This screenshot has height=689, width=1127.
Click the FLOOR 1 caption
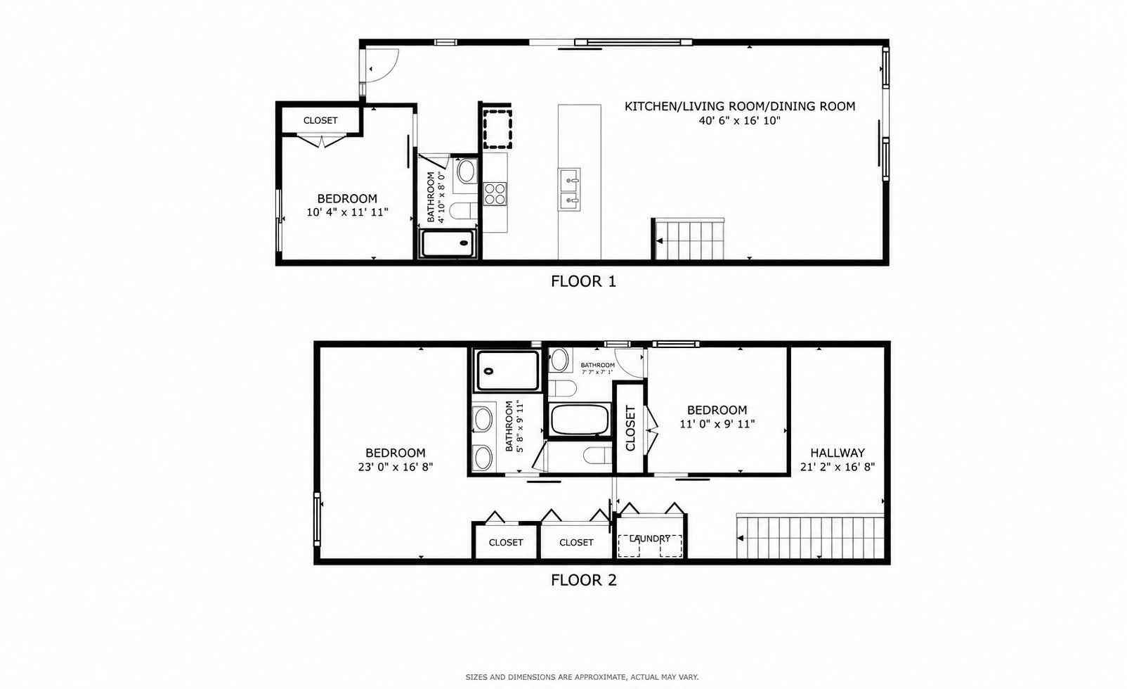pos(583,281)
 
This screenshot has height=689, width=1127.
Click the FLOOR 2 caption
pos(584,580)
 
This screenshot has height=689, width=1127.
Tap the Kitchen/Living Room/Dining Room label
pos(740,106)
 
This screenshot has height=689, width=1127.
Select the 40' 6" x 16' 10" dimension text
pos(740,121)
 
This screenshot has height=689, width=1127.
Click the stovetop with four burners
pos(495,194)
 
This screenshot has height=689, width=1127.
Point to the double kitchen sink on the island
pos(569,189)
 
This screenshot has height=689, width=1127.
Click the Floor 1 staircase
pos(689,240)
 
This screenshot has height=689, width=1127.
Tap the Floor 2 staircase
pos(810,536)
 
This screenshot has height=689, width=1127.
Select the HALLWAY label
pos(838,453)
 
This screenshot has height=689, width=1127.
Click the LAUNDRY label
pos(649,539)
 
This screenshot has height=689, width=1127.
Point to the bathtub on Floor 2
pos(579,419)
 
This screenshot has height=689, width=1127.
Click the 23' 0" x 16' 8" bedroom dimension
pos(396,467)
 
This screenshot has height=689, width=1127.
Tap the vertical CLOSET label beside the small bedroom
pos(630,428)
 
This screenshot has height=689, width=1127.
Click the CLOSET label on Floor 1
pos(320,120)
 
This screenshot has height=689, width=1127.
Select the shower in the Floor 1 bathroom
pos(448,243)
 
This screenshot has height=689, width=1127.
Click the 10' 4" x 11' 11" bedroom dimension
pos(347,212)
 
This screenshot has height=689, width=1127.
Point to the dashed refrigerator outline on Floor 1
pos(497,129)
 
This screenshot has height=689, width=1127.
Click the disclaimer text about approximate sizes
pos(582,678)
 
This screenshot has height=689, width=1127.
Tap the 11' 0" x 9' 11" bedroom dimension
pos(717,424)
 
